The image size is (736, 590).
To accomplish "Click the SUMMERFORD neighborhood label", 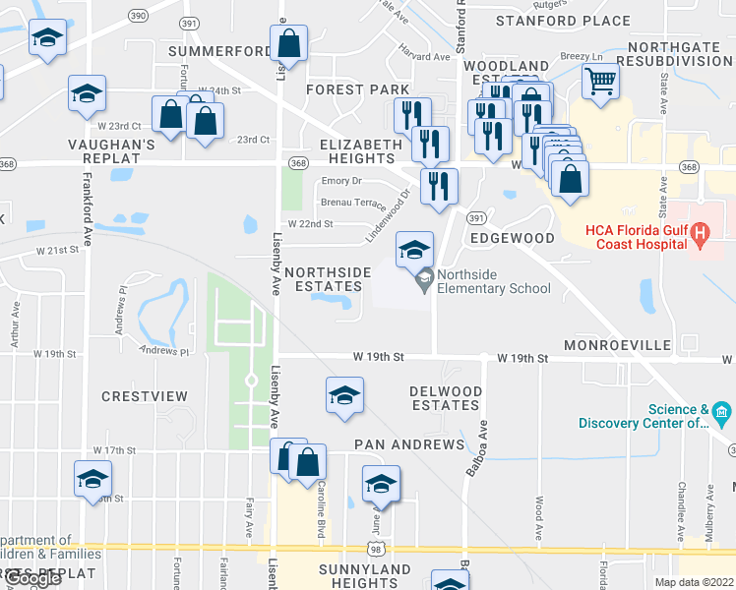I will click(x=218, y=51).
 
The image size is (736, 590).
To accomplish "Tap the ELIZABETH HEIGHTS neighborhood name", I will click(x=361, y=151).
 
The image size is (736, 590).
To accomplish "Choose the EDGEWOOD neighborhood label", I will click(x=512, y=238).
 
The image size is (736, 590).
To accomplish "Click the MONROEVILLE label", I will click(x=617, y=346).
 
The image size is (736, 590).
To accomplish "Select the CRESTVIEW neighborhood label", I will click(x=144, y=396).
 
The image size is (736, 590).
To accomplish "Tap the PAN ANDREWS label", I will click(x=408, y=444).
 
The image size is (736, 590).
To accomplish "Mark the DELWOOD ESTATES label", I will click(x=446, y=398).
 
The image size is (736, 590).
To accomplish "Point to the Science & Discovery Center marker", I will click(x=723, y=410).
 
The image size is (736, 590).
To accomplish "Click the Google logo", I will click(x=33, y=579).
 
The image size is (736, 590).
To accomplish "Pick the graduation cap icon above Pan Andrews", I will click(x=344, y=395).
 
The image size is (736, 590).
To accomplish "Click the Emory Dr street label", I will click(x=341, y=181).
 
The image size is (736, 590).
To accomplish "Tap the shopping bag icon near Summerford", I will click(x=289, y=43).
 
